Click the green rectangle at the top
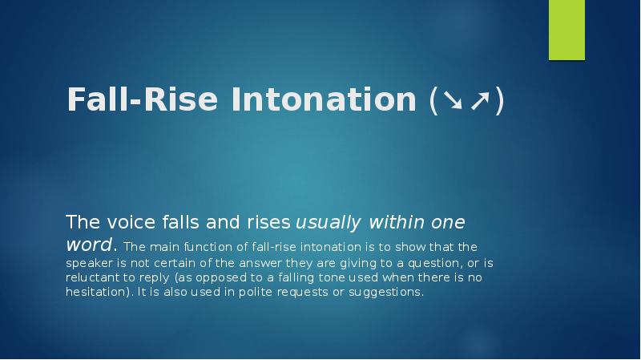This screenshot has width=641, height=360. [x=566, y=30]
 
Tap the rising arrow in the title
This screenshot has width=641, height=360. [x=480, y=102]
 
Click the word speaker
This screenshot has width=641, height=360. [x=89, y=261]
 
